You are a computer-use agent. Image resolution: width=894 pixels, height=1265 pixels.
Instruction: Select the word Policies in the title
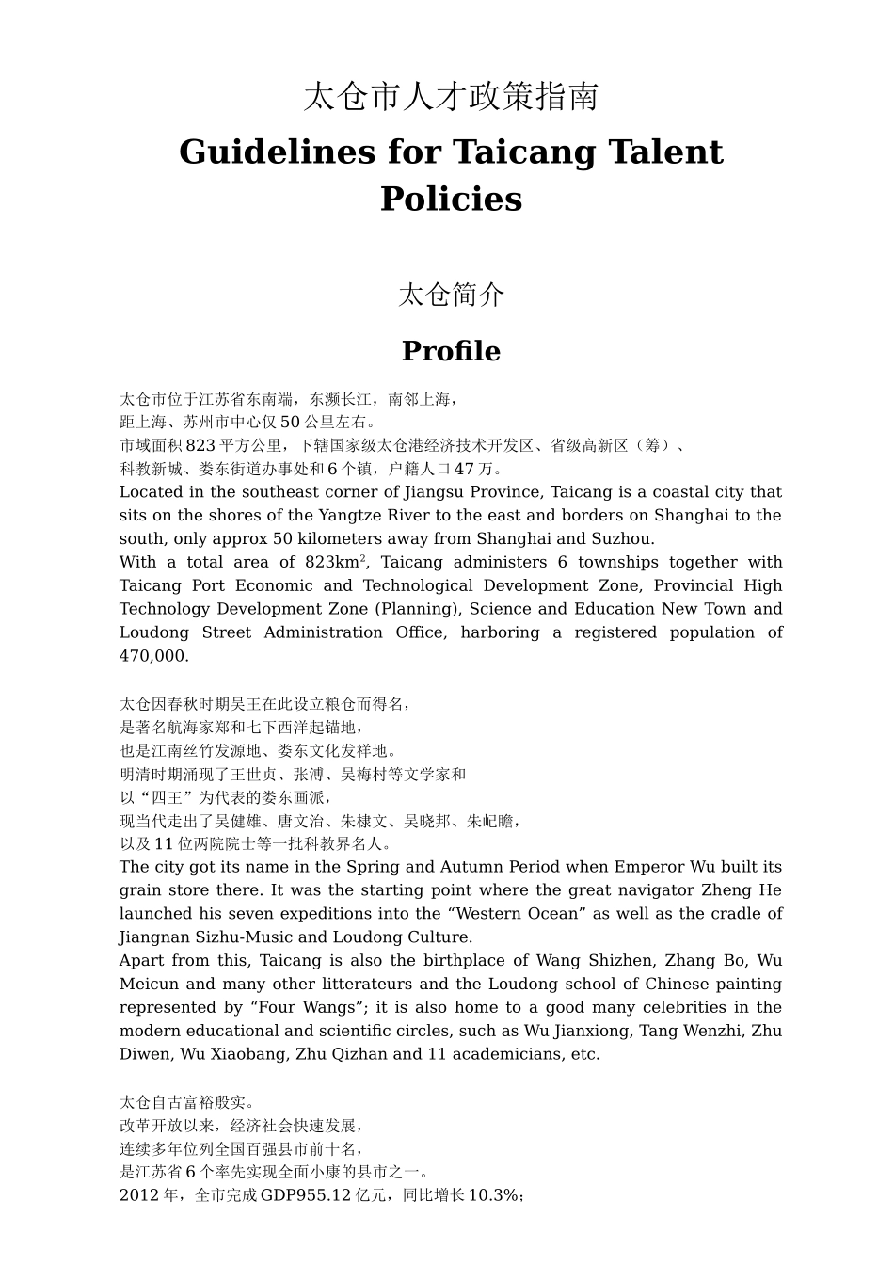click(451, 200)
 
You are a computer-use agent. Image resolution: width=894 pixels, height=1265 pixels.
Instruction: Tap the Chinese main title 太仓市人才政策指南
click(451, 97)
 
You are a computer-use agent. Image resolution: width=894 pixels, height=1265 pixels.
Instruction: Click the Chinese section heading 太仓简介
click(451, 296)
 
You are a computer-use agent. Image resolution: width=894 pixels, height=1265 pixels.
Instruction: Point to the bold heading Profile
click(451, 351)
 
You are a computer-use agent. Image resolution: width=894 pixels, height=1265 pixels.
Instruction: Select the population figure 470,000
click(153, 656)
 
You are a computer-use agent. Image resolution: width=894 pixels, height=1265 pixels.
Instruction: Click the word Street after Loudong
click(226, 632)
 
